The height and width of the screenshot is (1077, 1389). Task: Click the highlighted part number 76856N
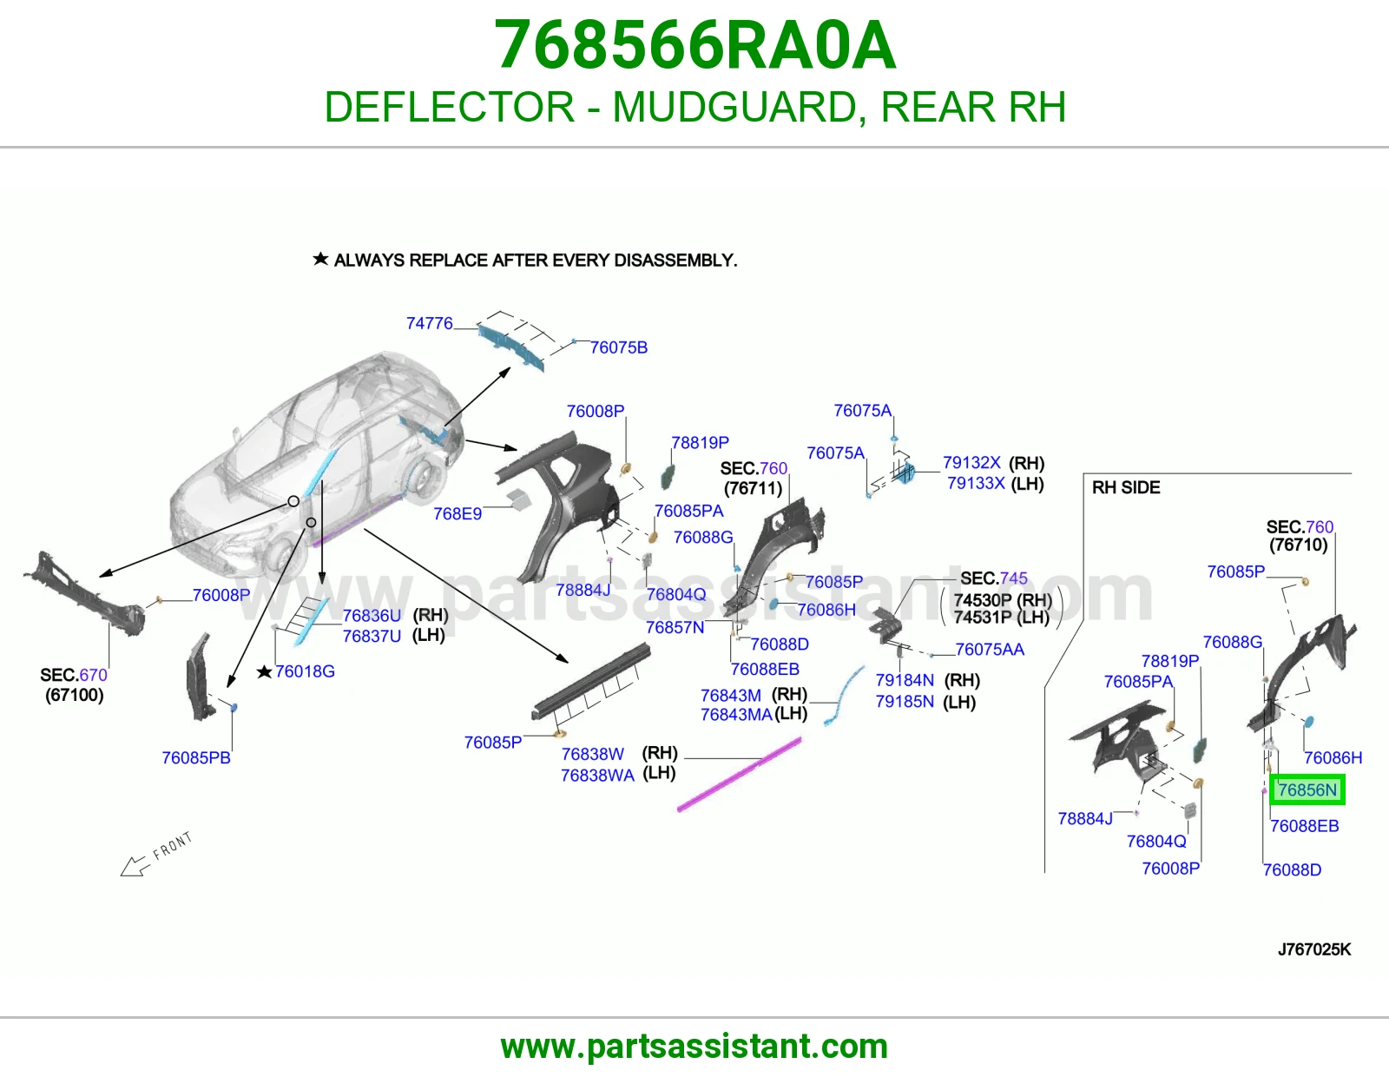point(1307,790)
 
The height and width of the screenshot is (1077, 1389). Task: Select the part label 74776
point(430,324)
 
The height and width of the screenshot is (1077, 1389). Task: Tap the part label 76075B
point(618,347)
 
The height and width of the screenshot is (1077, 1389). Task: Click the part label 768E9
point(457,513)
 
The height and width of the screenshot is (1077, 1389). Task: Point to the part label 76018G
point(305,671)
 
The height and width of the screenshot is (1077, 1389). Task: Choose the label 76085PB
point(195,758)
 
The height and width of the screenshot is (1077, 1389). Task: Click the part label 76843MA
point(736,714)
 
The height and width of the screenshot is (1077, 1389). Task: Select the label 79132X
point(971,462)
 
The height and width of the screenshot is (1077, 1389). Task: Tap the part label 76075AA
point(990,649)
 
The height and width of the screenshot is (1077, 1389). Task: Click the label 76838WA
point(597,775)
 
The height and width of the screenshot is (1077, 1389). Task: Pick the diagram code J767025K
point(1314,949)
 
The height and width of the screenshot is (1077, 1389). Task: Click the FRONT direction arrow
point(135,867)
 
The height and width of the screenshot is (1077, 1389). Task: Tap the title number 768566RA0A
point(694,45)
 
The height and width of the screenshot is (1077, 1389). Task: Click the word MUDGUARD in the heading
point(734,107)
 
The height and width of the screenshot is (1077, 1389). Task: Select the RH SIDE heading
point(1126,487)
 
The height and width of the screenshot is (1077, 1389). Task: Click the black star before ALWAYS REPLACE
point(320,259)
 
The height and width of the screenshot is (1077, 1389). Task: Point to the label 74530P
point(983,600)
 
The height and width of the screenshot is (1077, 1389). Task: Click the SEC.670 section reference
point(74,675)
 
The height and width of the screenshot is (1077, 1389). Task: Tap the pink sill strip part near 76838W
point(739,775)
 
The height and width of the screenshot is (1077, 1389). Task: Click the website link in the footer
point(694,1047)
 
